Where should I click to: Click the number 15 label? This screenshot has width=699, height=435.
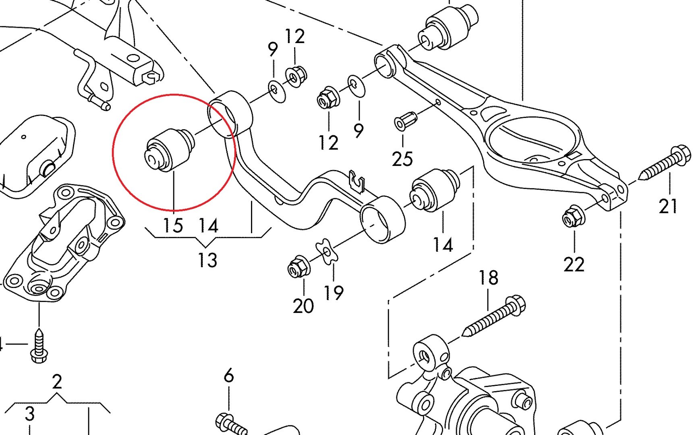click(173, 225)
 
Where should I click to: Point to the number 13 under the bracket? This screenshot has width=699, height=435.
click(207, 260)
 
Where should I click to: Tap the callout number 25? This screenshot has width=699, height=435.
click(402, 159)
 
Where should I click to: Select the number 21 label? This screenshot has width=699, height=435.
click(668, 206)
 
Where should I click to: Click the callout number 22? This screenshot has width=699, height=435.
click(574, 265)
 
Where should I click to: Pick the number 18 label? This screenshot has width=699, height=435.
click(488, 278)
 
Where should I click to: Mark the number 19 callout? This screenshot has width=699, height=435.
click(334, 293)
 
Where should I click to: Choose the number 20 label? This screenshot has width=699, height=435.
click(303, 306)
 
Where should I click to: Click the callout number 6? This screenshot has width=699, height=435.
click(228, 375)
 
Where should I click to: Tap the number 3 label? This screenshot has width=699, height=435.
click(29, 414)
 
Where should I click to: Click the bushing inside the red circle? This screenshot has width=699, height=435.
click(169, 149)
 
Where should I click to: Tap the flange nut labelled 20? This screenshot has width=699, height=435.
click(299, 266)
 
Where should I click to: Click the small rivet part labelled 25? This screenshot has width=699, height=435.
click(405, 120)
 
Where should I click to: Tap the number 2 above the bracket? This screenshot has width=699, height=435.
click(57, 381)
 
